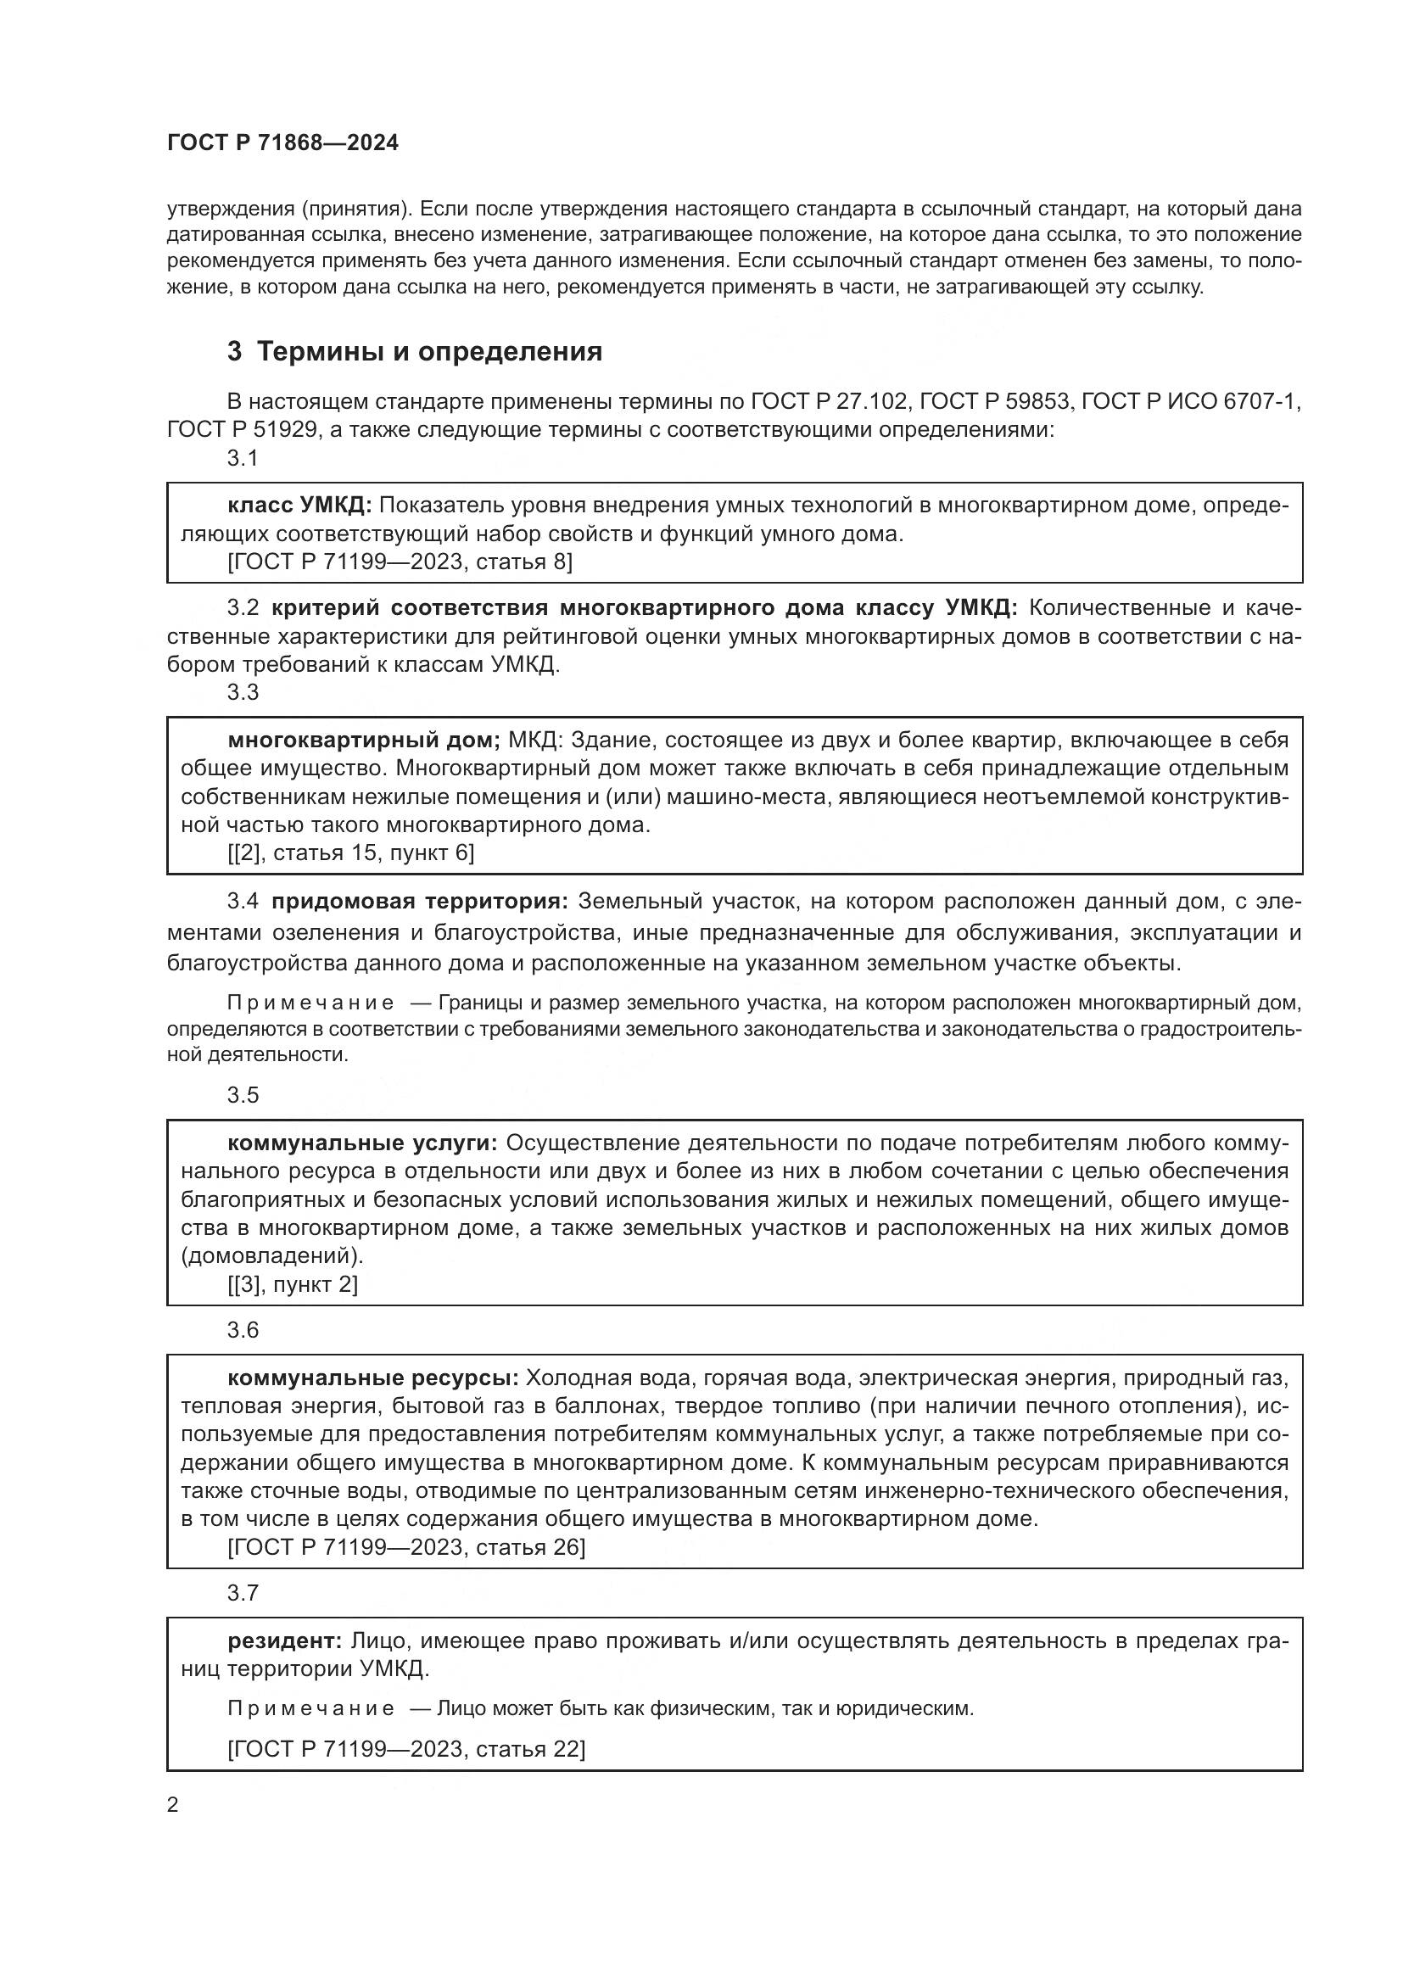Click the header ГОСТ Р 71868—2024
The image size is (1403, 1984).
[x=282, y=143]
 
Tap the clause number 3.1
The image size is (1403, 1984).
[x=243, y=458]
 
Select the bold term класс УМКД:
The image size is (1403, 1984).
[x=299, y=505]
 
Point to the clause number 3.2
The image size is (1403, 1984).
[x=243, y=607]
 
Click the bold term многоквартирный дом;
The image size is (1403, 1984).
[x=364, y=740]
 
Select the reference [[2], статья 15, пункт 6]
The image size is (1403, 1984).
[x=351, y=852]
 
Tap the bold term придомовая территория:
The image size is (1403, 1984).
[x=420, y=902]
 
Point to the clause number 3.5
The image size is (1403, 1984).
[x=243, y=1095]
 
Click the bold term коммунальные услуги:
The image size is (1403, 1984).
[x=363, y=1143]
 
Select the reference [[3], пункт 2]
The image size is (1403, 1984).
[x=292, y=1284]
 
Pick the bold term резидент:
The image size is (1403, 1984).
[x=285, y=1641]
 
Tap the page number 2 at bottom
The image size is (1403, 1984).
[x=173, y=1805]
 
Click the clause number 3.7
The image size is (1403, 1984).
[x=243, y=1593]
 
